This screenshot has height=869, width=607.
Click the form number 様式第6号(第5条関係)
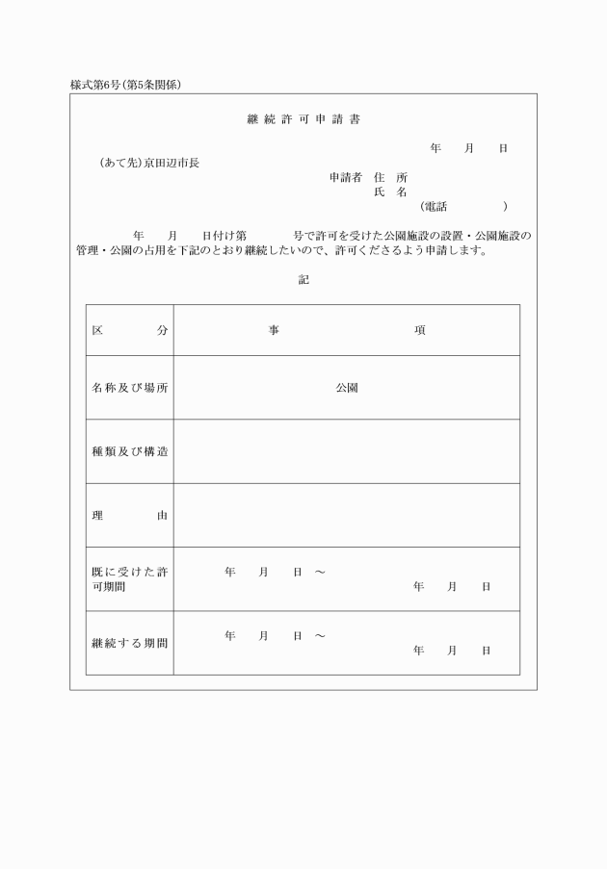[126, 85]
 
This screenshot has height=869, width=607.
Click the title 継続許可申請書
[303, 119]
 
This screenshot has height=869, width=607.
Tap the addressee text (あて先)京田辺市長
[149, 164]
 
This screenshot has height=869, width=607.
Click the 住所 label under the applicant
[390, 178]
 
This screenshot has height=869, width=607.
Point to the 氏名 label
[390, 192]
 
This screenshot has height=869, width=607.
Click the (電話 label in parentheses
[433, 207]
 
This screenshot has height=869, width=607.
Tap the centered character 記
[303, 280]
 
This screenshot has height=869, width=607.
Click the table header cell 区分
[130, 330]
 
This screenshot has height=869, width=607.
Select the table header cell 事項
[347, 330]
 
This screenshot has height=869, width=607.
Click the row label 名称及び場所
[130, 388]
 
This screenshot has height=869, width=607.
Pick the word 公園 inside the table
[347, 388]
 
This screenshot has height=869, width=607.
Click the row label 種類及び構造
[130, 451]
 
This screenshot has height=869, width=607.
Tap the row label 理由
[130, 515]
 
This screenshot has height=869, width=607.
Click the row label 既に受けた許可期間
[130, 579]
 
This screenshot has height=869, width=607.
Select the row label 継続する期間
[130, 642]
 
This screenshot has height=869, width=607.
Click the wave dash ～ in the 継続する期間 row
[319, 636]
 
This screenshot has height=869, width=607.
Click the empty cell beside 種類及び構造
[347, 451]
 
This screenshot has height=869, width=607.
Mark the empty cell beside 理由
[347, 515]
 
